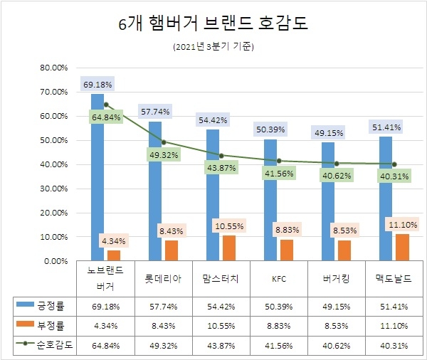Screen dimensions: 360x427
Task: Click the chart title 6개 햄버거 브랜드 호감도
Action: [213, 24]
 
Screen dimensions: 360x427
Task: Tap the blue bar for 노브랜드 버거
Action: [97, 177]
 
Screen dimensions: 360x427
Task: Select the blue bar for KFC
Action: [270, 200]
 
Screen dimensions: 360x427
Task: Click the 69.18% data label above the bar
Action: [97, 85]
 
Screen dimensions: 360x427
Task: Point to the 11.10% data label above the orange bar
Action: [404, 225]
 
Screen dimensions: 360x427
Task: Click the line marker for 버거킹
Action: [337, 163]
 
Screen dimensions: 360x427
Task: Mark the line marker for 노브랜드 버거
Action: [105, 105]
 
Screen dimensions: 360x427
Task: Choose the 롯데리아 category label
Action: [163, 279]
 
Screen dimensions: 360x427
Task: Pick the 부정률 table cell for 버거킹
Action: [337, 326]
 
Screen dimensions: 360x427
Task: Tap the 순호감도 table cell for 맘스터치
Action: [221, 345]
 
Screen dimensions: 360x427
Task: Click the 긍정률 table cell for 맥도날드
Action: [394, 307]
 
